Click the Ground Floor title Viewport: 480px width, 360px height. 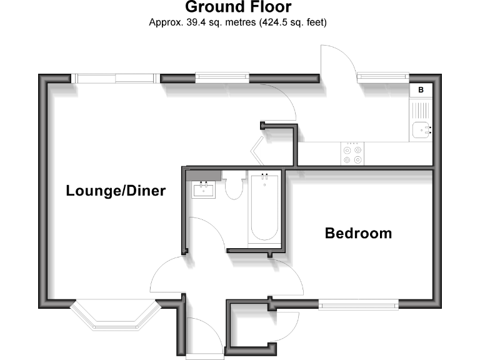click(x=238, y=8)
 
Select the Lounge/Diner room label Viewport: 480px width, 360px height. click(x=116, y=191)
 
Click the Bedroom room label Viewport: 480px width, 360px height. click(x=358, y=234)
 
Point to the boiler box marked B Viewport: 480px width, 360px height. click(x=421, y=90)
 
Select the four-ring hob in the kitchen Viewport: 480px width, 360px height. click(x=352, y=154)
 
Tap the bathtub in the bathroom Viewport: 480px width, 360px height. click(x=264, y=207)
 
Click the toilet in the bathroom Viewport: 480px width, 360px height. click(x=234, y=187)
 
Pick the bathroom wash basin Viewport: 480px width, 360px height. click(x=204, y=189)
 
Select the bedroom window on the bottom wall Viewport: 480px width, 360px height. click(x=359, y=304)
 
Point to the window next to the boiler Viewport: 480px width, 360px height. click(x=382, y=78)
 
